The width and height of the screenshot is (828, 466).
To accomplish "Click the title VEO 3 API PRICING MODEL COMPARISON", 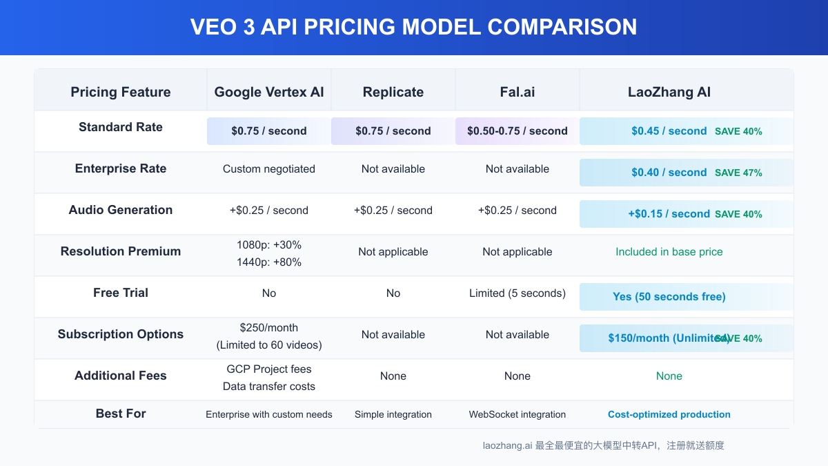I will click(x=413, y=27).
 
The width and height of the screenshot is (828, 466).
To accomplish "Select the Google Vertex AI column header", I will click(x=269, y=92).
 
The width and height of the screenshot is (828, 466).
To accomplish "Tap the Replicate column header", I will click(x=393, y=92).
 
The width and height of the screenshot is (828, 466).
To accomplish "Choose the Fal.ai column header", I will click(x=517, y=92).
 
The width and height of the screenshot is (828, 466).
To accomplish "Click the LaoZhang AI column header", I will click(x=669, y=92).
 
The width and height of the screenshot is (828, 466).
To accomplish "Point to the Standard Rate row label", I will click(x=121, y=127).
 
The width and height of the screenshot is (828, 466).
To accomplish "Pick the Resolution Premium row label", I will click(x=121, y=251).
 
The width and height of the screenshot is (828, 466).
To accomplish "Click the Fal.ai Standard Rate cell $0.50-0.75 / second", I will click(x=517, y=131).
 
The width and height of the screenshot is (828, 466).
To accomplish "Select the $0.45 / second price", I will click(x=669, y=131).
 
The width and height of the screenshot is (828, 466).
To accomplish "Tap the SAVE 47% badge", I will click(x=738, y=173).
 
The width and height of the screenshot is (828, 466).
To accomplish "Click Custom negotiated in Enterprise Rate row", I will click(x=269, y=169).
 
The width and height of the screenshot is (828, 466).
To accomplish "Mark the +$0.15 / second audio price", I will click(x=669, y=214).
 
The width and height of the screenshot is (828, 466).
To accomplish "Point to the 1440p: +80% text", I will click(x=269, y=262).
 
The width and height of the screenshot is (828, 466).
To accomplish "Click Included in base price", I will click(x=669, y=252).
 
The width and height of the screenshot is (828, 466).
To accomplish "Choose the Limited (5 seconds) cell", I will click(x=517, y=293).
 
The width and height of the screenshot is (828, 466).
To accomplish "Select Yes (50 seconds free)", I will click(x=669, y=297).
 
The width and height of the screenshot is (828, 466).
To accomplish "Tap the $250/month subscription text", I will click(x=269, y=328).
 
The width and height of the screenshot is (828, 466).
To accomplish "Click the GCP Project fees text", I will click(x=269, y=369).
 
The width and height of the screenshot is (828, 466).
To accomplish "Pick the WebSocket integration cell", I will click(x=517, y=415).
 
